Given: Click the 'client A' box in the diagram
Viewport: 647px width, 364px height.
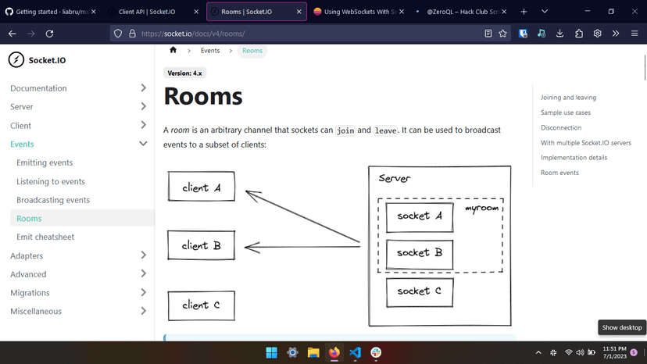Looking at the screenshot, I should click(x=201, y=187).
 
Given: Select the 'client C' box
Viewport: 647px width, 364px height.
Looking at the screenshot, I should click(x=201, y=305).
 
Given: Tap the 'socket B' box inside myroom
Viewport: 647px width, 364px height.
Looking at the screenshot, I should click(x=420, y=252).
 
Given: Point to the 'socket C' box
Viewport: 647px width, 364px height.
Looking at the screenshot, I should click(x=420, y=291).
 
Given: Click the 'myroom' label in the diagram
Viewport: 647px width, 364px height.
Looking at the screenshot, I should click(x=482, y=209).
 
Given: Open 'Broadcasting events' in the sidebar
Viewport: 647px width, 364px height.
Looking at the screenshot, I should click(x=53, y=200).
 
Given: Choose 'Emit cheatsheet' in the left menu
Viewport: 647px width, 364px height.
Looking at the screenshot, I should click(x=45, y=237).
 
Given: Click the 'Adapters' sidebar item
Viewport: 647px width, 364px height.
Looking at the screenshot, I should click(x=27, y=255).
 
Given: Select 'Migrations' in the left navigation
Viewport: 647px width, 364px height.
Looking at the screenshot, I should click(x=30, y=293).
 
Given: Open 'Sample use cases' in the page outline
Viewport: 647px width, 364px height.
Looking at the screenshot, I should click(x=566, y=112).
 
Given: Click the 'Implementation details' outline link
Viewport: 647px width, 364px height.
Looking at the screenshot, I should click(x=574, y=158).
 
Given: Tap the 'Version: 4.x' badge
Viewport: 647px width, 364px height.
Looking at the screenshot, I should click(x=185, y=73).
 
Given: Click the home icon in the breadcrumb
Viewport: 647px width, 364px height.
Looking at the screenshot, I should click(x=173, y=50).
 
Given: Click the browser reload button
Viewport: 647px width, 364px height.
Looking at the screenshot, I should click(x=50, y=34).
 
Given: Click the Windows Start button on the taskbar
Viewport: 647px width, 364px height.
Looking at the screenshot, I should click(x=271, y=352).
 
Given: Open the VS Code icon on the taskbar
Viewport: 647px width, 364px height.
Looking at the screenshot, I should click(x=356, y=352).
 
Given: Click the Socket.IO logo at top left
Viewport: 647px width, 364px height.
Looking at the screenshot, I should click(x=38, y=60).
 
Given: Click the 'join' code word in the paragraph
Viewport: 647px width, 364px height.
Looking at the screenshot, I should click(x=345, y=130).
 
